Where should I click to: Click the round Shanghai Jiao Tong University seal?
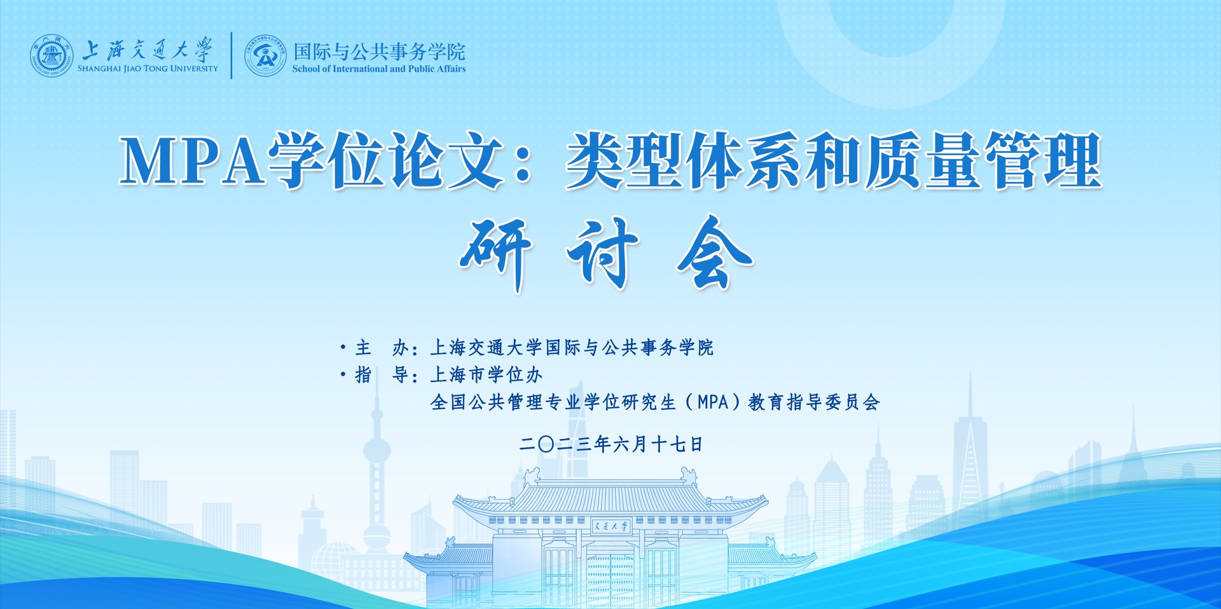click(x=52, y=56)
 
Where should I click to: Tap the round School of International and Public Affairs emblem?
click(x=266, y=56)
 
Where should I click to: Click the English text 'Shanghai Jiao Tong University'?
click(x=148, y=69)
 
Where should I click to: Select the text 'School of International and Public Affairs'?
click(x=379, y=69)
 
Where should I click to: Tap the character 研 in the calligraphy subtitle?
click(x=497, y=253)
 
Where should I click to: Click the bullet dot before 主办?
click(x=343, y=347)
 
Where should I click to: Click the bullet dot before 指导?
click(x=343, y=375)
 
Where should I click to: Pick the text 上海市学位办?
click(x=486, y=375)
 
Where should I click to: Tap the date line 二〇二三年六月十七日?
click(x=610, y=444)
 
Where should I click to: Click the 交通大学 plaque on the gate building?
click(x=610, y=526)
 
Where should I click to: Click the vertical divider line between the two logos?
click(x=231, y=55)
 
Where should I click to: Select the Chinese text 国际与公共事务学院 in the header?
click(x=379, y=51)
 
